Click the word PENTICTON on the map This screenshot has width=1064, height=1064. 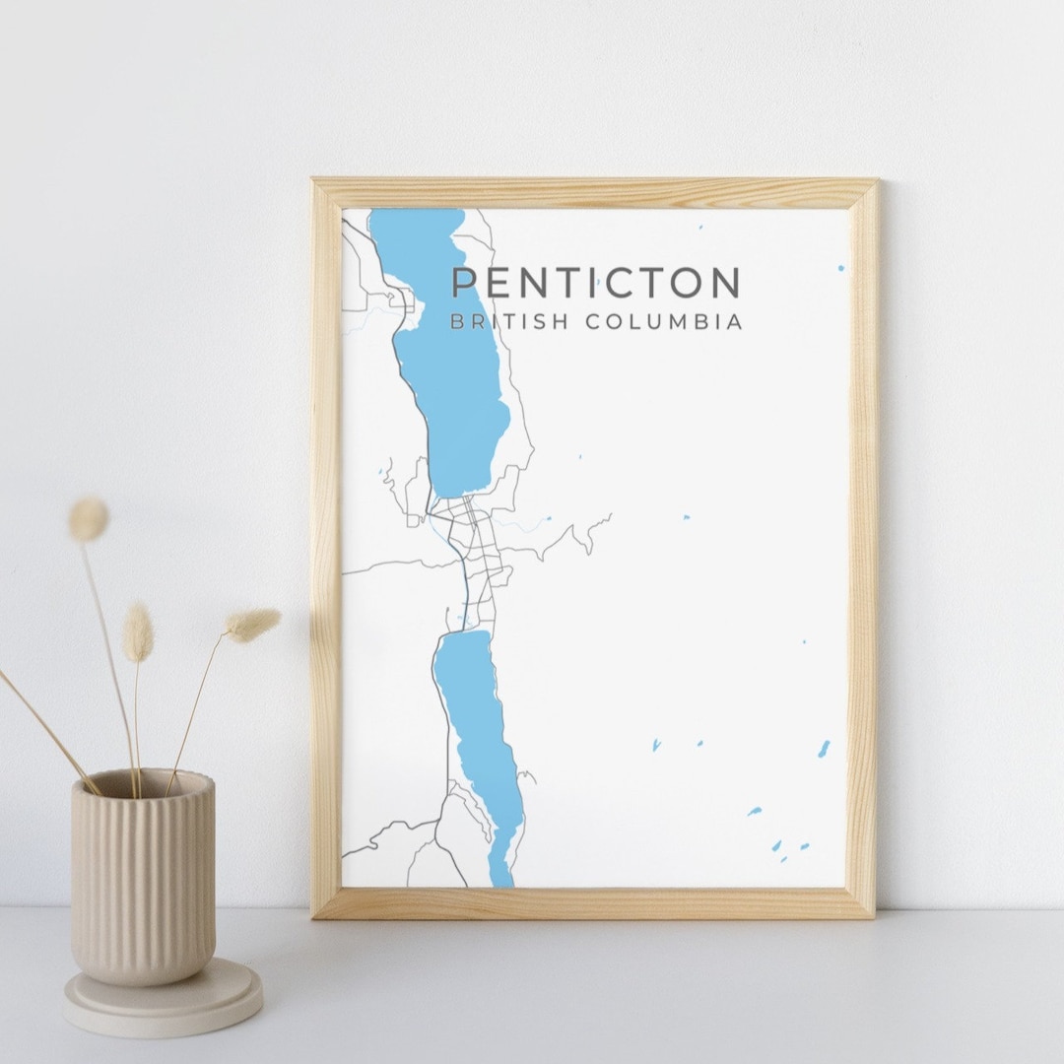click(595, 283)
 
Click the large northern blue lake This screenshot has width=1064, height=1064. click(453, 374)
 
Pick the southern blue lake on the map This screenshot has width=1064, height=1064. click(481, 729)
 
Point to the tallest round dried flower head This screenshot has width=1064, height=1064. click(88, 518)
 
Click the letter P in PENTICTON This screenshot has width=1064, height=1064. click(463, 283)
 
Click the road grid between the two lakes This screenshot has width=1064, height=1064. click(478, 562)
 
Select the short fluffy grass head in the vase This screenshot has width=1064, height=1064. click(138, 632)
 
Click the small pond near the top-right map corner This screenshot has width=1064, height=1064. click(840, 267)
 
